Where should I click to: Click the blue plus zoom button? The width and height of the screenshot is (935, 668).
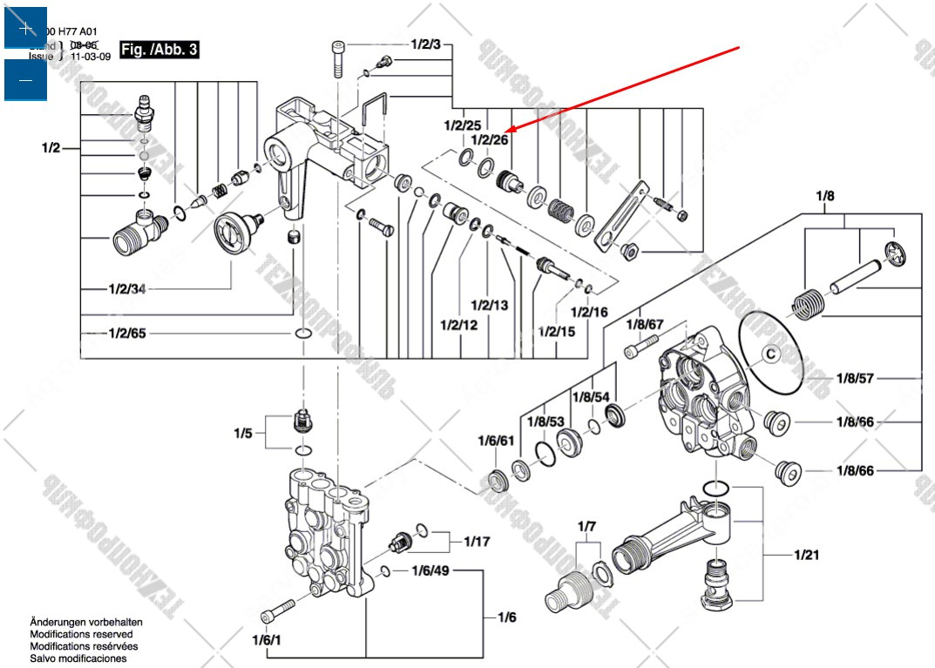(25, 29)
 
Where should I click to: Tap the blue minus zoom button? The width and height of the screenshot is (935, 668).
(25, 80)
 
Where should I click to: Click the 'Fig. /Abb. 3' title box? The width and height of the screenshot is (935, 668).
(159, 50)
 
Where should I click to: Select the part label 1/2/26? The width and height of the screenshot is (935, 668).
(489, 139)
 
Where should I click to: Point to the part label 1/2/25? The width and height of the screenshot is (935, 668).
(462, 125)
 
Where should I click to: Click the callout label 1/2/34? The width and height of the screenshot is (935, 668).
(127, 288)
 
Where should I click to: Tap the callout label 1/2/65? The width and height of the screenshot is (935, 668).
(127, 334)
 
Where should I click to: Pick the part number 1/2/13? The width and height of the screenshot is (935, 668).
(489, 305)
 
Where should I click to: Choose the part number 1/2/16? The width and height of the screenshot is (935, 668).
(589, 312)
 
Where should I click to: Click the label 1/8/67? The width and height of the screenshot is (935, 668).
(645, 324)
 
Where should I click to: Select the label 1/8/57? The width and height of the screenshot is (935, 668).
(854, 379)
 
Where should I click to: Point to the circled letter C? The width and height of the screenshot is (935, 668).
(769, 354)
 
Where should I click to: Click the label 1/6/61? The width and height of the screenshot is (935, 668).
(496, 441)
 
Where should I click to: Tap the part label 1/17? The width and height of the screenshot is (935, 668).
(477, 542)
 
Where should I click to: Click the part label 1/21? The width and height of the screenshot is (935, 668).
(806, 554)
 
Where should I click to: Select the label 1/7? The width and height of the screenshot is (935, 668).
(587, 526)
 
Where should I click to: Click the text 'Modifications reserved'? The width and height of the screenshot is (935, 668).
(82, 635)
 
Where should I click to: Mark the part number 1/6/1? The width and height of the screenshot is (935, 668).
(267, 640)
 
